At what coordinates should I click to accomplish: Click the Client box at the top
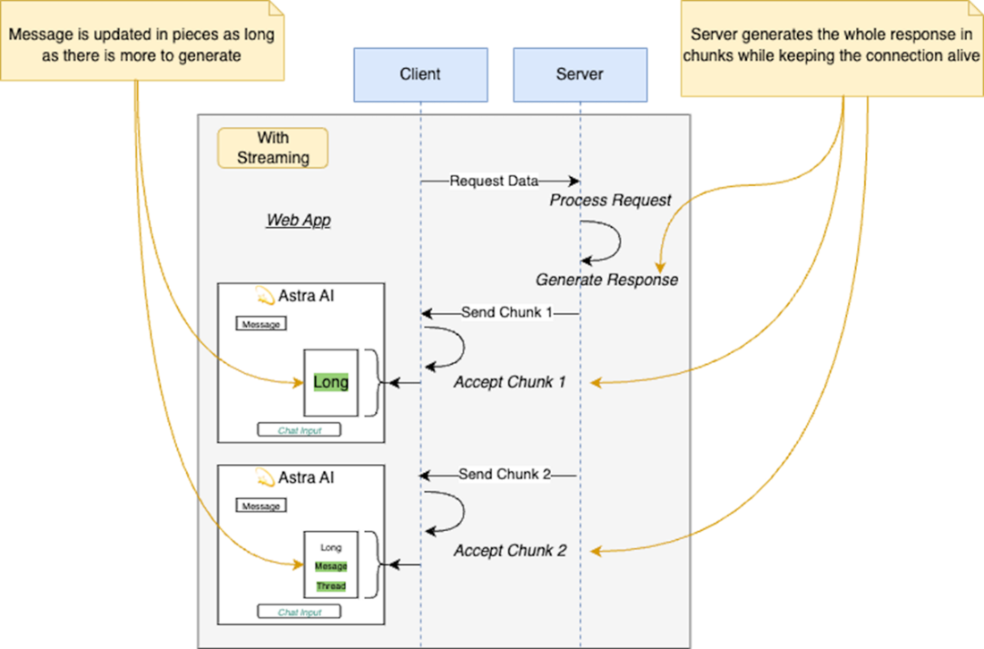coord(420,73)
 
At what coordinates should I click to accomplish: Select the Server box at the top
coord(580,73)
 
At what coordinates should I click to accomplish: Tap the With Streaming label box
coord(272,148)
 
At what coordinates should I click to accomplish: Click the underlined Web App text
coord(298,220)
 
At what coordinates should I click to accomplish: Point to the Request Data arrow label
coord(494,181)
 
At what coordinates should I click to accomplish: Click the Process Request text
coord(610,200)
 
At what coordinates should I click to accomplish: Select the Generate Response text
coord(607,280)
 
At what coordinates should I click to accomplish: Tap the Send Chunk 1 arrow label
coord(505,313)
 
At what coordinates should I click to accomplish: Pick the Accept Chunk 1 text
coord(509,383)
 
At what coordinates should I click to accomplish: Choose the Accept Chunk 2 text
coord(509,551)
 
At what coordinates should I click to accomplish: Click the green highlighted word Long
coord(330,383)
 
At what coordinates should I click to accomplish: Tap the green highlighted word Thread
coord(330,586)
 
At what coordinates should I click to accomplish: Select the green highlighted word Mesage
coord(330,566)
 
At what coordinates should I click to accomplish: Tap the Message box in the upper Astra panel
coord(261,324)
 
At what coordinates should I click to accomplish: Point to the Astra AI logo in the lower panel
coord(264,477)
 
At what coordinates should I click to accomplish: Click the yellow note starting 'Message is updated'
coord(142,43)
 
